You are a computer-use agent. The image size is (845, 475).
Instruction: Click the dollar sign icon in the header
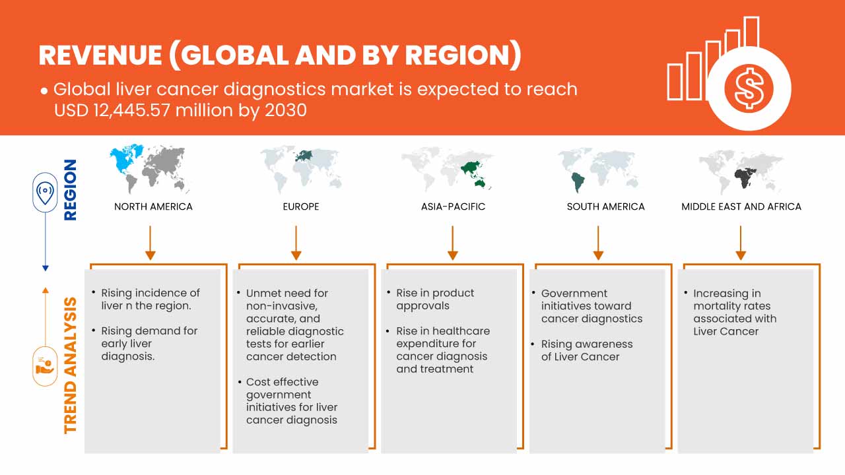(x=749, y=89)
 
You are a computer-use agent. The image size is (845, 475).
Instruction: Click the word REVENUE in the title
(x=100, y=55)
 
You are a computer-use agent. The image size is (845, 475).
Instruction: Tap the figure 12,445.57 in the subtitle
(x=131, y=110)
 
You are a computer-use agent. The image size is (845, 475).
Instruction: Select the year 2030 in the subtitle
(x=286, y=110)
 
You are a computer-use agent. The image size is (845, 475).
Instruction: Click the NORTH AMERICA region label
(x=153, y=206)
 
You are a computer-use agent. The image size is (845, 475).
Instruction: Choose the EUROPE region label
(x=301, y=206)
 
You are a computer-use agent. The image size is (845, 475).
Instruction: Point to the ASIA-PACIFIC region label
(x=453, y=206)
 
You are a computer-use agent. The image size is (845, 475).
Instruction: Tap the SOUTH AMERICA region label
(x=605, y=206)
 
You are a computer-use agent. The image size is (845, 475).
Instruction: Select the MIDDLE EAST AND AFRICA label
(x=741, y=206)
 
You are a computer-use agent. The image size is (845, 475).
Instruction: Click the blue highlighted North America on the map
(x=125, y=159)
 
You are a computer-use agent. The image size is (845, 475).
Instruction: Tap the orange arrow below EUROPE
(x=296, y=243)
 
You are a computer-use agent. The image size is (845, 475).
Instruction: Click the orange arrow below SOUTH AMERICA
(x=598, y=243)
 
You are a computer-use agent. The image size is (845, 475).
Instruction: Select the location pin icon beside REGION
(x=45, y=192)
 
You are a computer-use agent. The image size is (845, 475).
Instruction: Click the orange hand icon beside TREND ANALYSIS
(x=45, y=366)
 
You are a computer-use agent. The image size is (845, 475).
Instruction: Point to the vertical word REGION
(x=71, y=190)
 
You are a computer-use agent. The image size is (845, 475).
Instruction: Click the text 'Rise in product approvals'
(x=435, y=300)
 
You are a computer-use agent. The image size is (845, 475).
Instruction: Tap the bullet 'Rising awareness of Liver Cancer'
(x=587, y=350)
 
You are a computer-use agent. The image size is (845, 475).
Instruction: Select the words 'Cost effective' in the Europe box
(x=282, y=382)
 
